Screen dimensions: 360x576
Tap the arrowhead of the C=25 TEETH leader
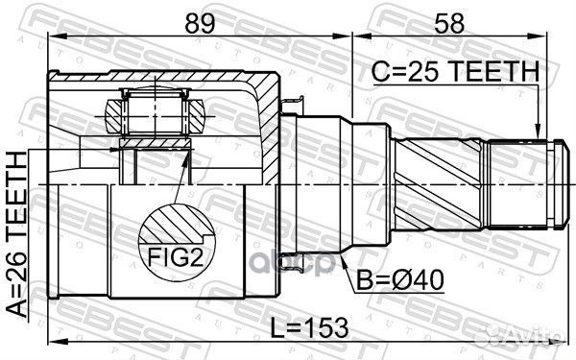[540, 133]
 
